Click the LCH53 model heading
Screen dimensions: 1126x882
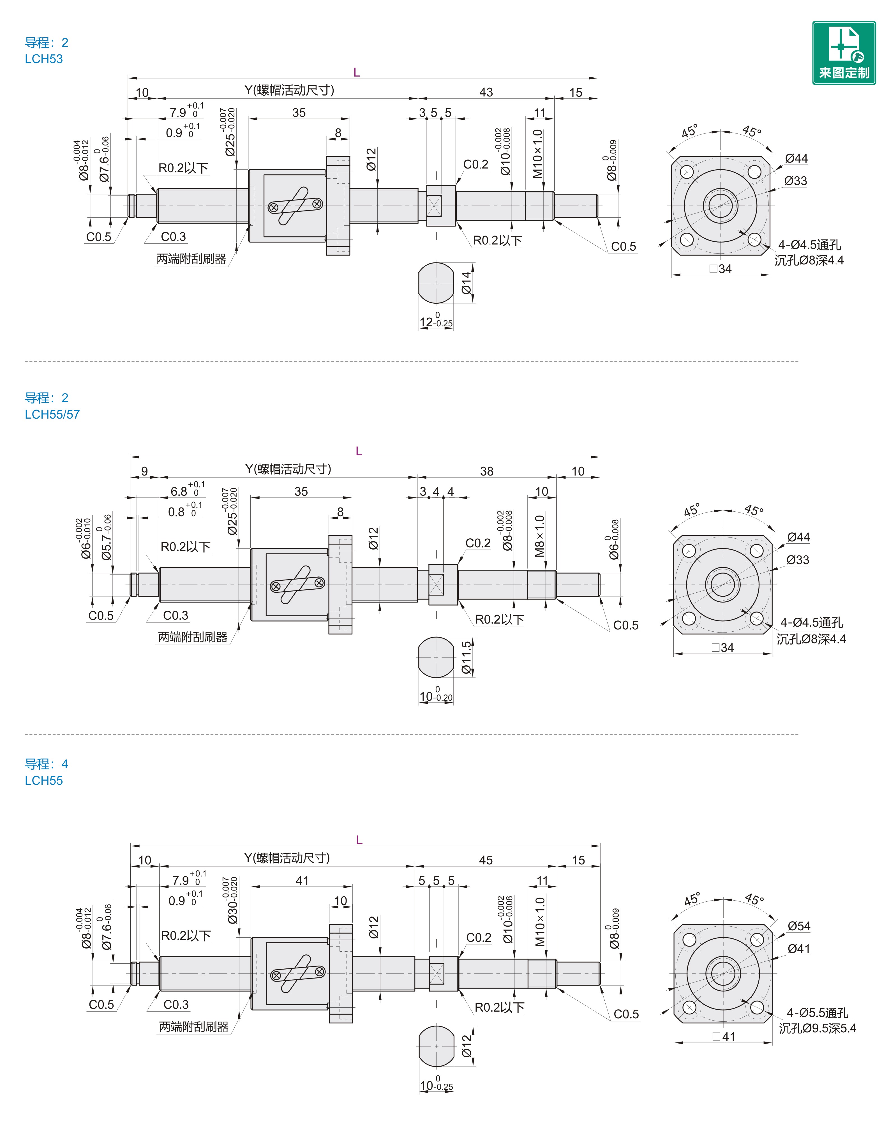pyautogui.click(x=44, y=59)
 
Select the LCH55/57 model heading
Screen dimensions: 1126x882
pyautogui.click(x=52, y=414)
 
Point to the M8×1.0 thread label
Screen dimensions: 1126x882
pyautogui.click(x=540, y=536)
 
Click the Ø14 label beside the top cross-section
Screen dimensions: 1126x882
pyautogui.click(x=466, y=283)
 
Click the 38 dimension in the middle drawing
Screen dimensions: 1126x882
pyautogui.click(x=486, y=471)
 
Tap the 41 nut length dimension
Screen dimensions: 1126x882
pyautogui.click(x=302, y=881)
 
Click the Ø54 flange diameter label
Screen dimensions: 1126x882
pyautogui.click(x=799, y=926)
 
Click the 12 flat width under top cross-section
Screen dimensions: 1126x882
pyautogui.click(x=426, y=322)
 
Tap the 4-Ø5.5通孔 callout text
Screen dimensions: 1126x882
pyautogui.click(x=818, y=1013)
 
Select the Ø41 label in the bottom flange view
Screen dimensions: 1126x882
pyautogui.click(x=799, y=949)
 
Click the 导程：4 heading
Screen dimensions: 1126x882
pyautogui.click(x=47, y=764)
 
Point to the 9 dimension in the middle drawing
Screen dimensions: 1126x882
pyautogui.click(x=145, y=471)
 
